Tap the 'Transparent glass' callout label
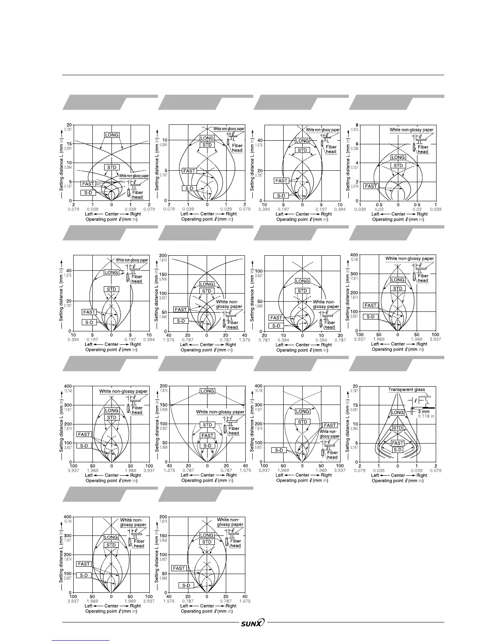[406, 389]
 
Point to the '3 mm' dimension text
[424, 412]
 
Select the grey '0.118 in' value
[426, 416]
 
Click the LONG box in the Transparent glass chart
[398, 413]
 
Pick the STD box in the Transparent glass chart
[398, 428]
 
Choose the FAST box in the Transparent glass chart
[398, 443]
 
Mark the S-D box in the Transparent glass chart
[398, 450]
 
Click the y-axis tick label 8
[357, 125]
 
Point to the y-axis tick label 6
[357, 144]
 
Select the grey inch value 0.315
[355, 130]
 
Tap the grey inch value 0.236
[355, 149]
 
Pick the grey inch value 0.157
[355, 168]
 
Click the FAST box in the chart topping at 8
[371, 186]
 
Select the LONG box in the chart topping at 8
[398, 157]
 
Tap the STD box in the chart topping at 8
[398, 165]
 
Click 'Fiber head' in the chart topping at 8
[423, 150]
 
